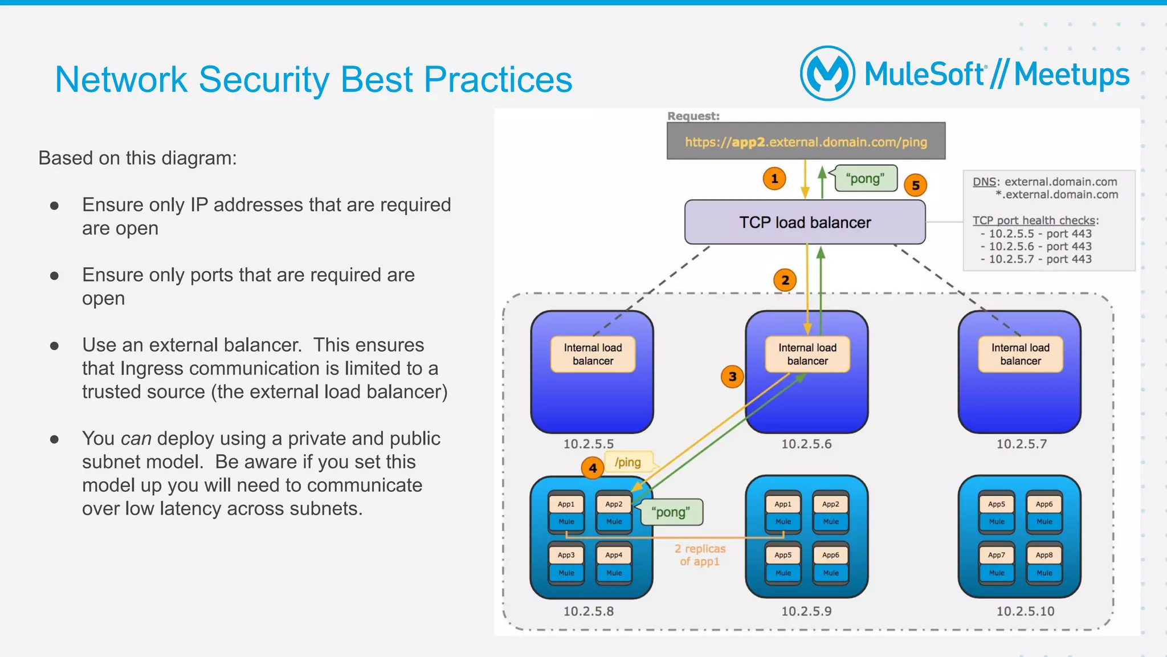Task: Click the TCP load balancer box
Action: pyautogui.click(x=805, y=222)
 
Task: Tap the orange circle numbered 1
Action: pyautogui.click(x=774, y=179)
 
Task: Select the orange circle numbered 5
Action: pyautogui.click(x=916, y=185)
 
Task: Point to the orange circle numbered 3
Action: pyautogui.click(x=732, y=377)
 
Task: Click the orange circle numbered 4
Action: pyautogui.click(x=593, y=468)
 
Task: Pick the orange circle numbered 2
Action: pyautogui.click(x=785, y=280)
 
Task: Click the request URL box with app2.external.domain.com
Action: pyautogui.click(x=806, y=141)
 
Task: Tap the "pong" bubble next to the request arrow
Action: pyautogui.click(x=865, y=178)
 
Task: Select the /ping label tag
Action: pyautogui.click(x=628, y=462)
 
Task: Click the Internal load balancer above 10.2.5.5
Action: pyautogui.click(x=593, y=354)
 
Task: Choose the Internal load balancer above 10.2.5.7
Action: pyautogui.click(x=1020, y=354)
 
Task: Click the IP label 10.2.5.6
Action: pyautogui.click(x=806, y=444)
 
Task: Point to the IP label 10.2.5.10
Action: pyautogui.click(x=1025, y=611)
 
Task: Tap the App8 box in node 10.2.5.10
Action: pyautogui.click(x=1044, y=554)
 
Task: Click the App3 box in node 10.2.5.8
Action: pyautogui.click(x=566, y=554)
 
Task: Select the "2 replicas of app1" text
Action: pyautogui.click(x=700, y=555)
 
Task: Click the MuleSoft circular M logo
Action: pyautogui.click(x=827, y=74)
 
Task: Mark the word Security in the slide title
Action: pyautogui.click(x=264, y=79)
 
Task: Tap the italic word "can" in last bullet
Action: pyautogui.click(x=136, y=438)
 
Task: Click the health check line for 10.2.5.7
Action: pyautogui.click(x=1036, y=259)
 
